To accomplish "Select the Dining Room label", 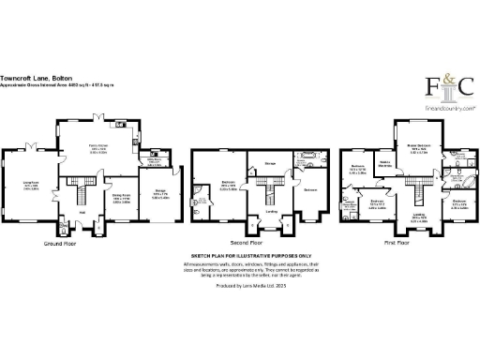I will [x=120, y=200].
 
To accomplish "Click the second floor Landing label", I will [x=270, y=211].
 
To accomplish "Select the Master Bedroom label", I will [x=418, y=147].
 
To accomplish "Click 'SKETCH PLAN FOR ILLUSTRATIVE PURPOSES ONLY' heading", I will [x=241, y=255].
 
